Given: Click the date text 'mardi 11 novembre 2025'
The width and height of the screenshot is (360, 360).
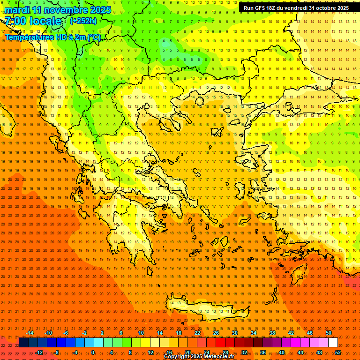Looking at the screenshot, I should point(58,10).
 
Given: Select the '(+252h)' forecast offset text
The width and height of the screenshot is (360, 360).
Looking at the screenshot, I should point(83,21).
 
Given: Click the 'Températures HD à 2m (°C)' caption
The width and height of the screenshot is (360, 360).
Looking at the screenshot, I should point(52,37).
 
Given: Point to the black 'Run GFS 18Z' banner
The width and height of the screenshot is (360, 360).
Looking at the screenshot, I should point(296,8).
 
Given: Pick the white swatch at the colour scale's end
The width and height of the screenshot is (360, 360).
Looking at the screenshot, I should point(333,343).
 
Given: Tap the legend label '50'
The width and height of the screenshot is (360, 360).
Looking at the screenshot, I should point(329,333).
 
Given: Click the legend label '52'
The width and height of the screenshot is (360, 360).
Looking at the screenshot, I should point(338,352).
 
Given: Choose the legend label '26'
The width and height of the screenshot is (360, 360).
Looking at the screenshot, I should point(216,333).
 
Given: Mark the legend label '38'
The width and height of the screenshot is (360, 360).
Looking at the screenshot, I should point(272,333).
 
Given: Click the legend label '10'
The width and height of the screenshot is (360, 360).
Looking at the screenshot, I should point(141,333).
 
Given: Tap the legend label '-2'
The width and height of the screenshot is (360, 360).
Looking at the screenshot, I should point(85,333).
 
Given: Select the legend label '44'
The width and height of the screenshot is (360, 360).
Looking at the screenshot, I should point(300,352).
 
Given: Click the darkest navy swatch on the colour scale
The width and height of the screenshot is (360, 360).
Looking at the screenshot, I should point(23,343).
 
